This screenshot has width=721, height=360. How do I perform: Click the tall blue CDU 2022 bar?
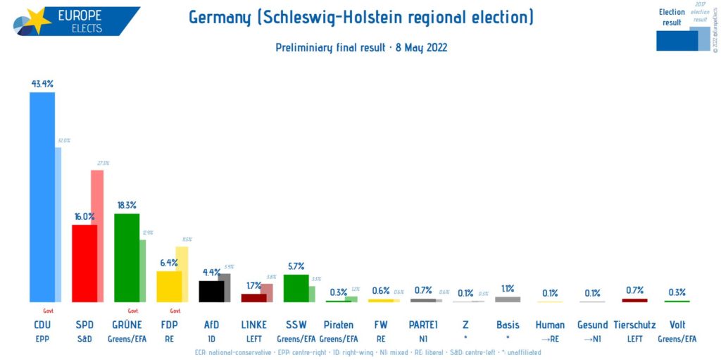pyautogui.click(x=42, y=197)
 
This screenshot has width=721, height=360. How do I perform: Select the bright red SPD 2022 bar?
pyautogui.click(x=84, y=263)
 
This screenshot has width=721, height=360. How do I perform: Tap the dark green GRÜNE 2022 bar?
pyautogui.click(x=127, y=257)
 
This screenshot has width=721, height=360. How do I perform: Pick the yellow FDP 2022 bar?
pyautogui.click(x=169, y=286)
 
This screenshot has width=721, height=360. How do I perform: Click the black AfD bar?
pyautogui.click(x=211, y=291)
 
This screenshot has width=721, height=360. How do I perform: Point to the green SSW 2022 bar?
pyautogui.click(x=296, y=287)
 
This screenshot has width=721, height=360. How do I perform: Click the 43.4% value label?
pyautogui.click(x=42, y=83)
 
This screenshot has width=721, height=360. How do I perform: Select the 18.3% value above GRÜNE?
pyautogui.click(x=127, y=205)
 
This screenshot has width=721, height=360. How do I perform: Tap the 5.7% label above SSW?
pyautogui.click(x=296, y=266)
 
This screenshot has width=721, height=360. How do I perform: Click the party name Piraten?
pyautogui.click(x=339, y=325)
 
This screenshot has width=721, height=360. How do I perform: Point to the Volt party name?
pyautogui.click(x=677, y=325)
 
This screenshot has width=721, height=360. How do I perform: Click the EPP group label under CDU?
pyautogui.click(x=42, y=339)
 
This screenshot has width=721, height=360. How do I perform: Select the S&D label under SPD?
pyautogui.click(x=84, y=339)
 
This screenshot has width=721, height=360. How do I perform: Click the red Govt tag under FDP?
pyautogui.click(x=175, y=311)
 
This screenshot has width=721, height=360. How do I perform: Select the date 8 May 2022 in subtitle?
pyautogui.click(x=420, y=48)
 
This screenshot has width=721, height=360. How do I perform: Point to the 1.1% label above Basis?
pyautogui.click(x=508, y=288)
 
